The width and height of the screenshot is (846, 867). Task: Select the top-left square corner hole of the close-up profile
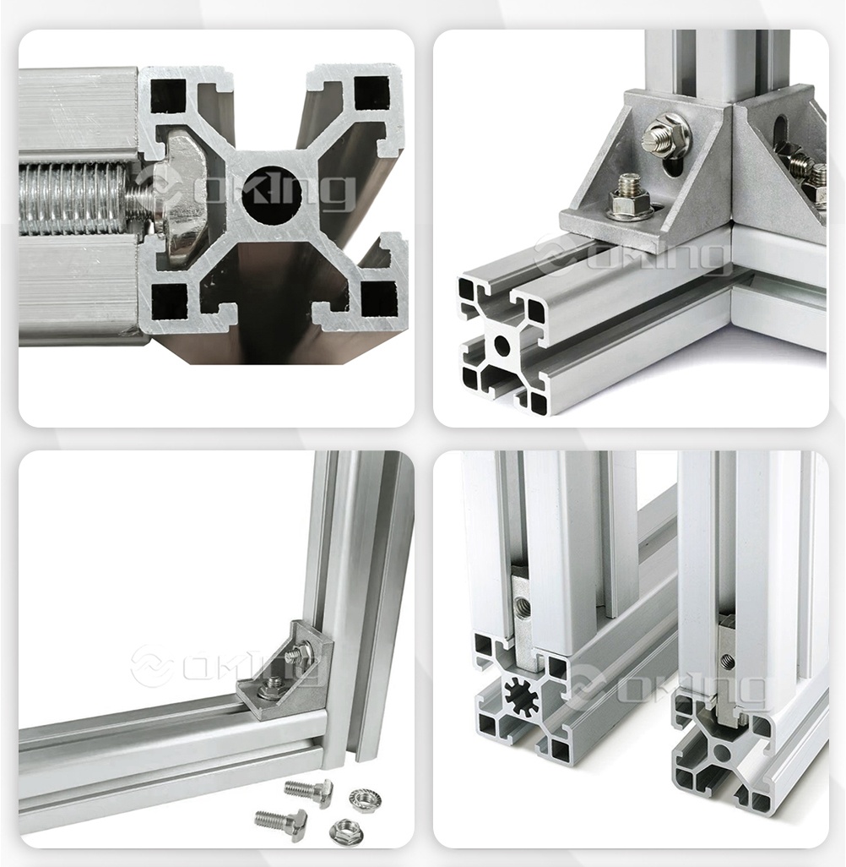(168, 95)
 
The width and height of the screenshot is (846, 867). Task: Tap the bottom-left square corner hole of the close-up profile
(169, 303)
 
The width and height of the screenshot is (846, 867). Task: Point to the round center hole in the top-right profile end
(502, 346)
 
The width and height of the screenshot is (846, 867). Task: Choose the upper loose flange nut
(365, 799)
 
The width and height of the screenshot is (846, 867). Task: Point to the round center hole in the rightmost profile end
(721, 752)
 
